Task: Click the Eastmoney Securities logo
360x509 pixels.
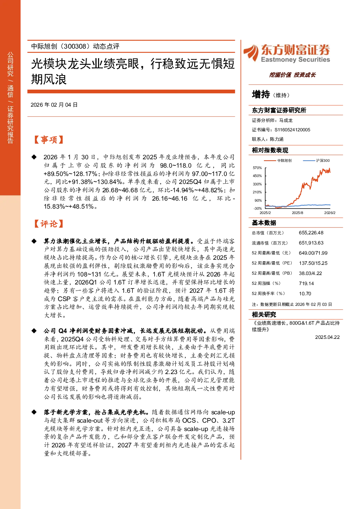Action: pyautogui.click(x=287, y=53)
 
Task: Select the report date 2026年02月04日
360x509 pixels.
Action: pyautogui.click(x=54, y=105)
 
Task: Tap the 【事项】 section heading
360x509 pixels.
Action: pyautogui.click(x=48, y=140)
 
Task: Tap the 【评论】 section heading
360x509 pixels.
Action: pyautogui.click(x=48, y=224)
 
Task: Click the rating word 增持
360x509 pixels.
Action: pyautogui.click(x=261, y=94)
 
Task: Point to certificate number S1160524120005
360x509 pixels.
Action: pyautogui.click(x=292, y=130)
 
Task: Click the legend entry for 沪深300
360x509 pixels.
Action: pyautogui.click(x=316, y=161)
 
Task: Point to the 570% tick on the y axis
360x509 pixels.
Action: pyautogui.click(x=257, y=168)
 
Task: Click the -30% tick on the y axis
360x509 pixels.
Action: pyautogui.click(x=258, y=208)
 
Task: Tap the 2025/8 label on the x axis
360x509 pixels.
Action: pyautogui.click(x=298, y=213)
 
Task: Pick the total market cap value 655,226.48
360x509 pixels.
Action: pyautogui.click(x=311, y=233)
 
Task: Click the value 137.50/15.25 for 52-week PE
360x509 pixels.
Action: pyautogui.click(x=313, y=263)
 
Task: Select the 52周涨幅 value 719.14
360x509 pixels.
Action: pyautogui.click(x=306, y=283)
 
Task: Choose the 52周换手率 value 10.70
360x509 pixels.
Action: pyautogui.click(x=305, y=294)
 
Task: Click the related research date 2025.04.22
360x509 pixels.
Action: pyautogui.click(x=327, y=337)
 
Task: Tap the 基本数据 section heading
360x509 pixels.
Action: pyautogui.click(x=264, y=223)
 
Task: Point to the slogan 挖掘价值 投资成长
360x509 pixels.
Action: pyautogui.click(x=292, y=75)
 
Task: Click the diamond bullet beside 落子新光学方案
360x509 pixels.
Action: pyautogui.click(x=34, y=412)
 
